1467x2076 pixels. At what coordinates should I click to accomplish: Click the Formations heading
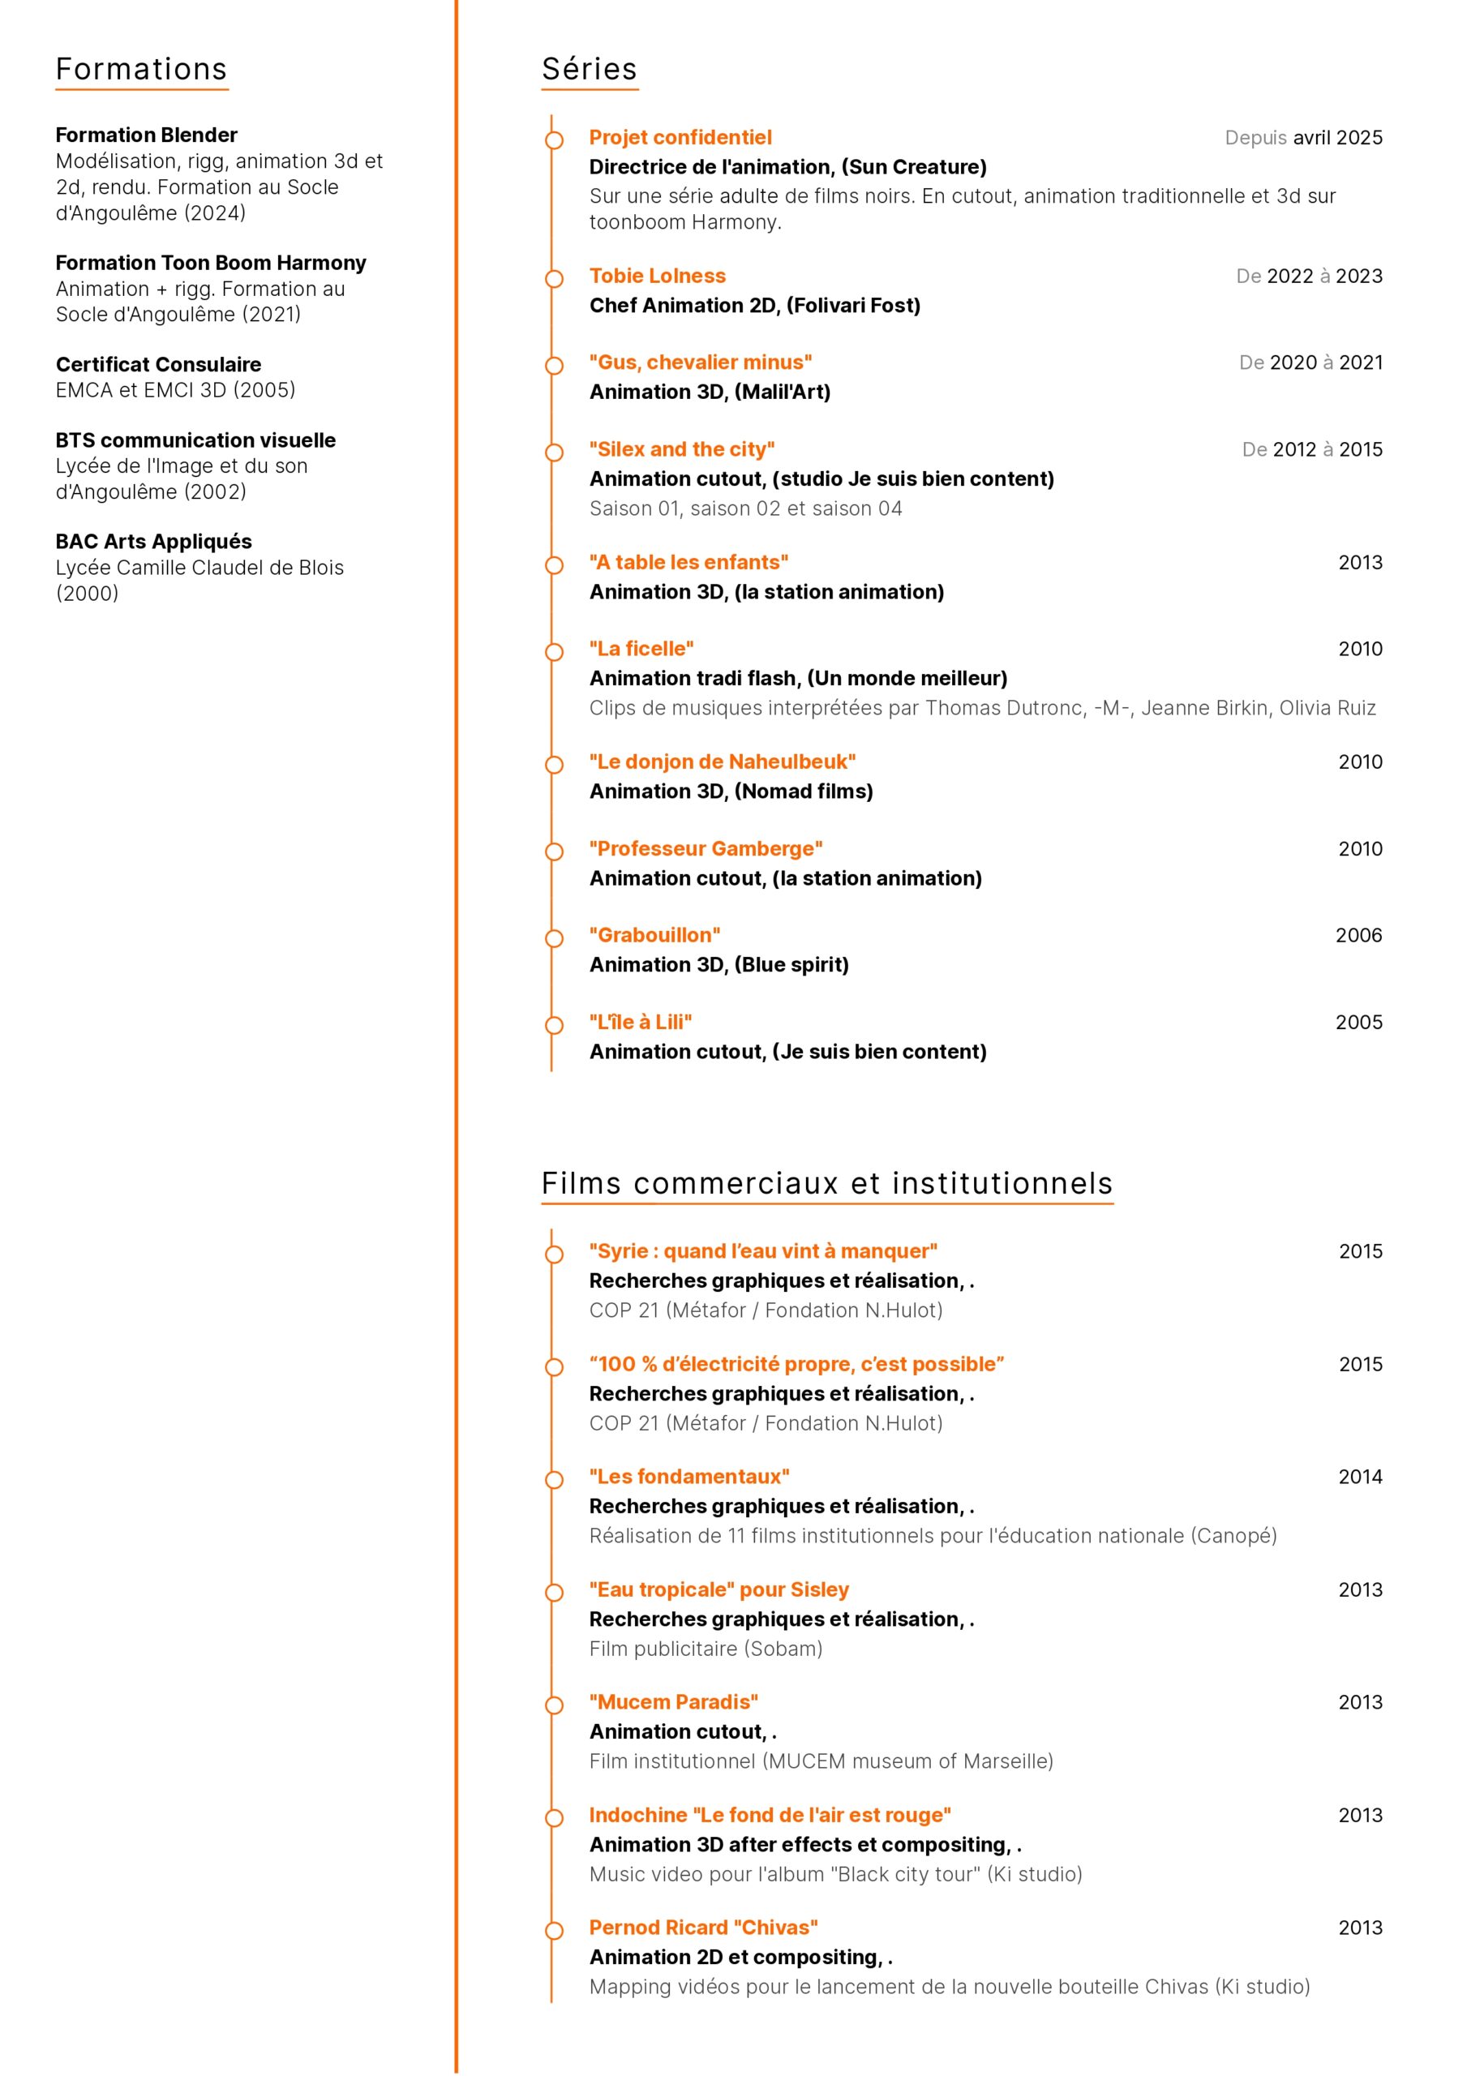click(141, 70)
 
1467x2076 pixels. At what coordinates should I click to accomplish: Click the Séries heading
click(589, 70)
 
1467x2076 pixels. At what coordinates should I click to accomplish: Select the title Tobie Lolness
click(657, 276)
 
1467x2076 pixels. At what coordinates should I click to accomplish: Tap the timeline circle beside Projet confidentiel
click(554, 140)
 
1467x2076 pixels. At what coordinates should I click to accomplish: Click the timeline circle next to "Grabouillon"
click(554, 937)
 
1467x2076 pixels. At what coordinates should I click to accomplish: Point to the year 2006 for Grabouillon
click(1358, 935)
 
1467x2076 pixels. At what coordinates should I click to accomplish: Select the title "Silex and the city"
click(681, 449)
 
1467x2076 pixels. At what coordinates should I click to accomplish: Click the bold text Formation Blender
click(147, 135)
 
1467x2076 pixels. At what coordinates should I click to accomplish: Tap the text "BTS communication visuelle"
click(195, 440)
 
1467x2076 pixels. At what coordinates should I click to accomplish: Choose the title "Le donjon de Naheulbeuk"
click(722, 761)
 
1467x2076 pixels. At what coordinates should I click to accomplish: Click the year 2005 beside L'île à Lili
click(1358, 1022)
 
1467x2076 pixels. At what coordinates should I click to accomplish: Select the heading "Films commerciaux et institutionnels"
click(826, 1184)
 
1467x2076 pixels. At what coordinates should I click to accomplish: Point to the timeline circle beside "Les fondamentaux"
click(554, 1479)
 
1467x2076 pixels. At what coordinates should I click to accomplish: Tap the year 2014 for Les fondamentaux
click(1359, 1477)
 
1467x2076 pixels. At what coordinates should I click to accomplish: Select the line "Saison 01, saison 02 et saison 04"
click(745, 508)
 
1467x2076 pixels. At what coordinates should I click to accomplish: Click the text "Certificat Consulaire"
click(158, 364)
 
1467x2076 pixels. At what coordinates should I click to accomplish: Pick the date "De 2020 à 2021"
click(1310, 362)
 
